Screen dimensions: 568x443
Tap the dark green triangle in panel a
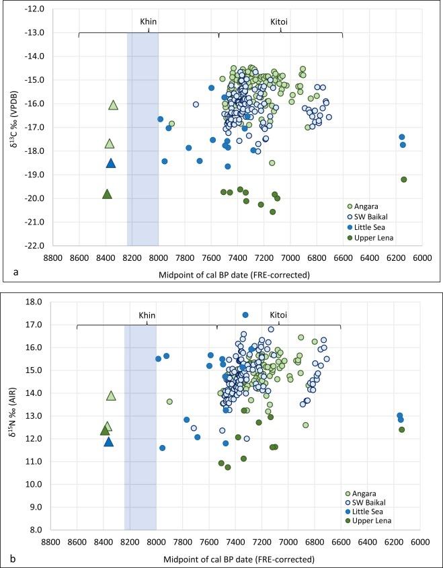point(107,194)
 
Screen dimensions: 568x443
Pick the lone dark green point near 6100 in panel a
point(403,179)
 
